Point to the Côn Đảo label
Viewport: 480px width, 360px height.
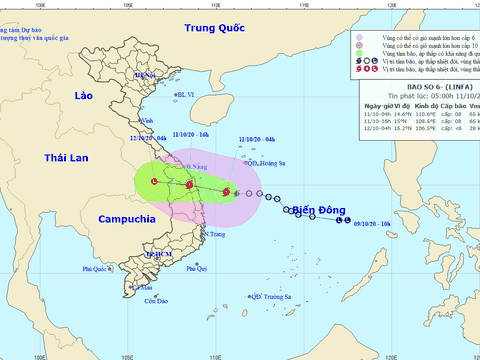coord(154,301)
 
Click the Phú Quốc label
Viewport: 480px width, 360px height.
coord(95,269)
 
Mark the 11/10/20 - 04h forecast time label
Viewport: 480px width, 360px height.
coord(256,139)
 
